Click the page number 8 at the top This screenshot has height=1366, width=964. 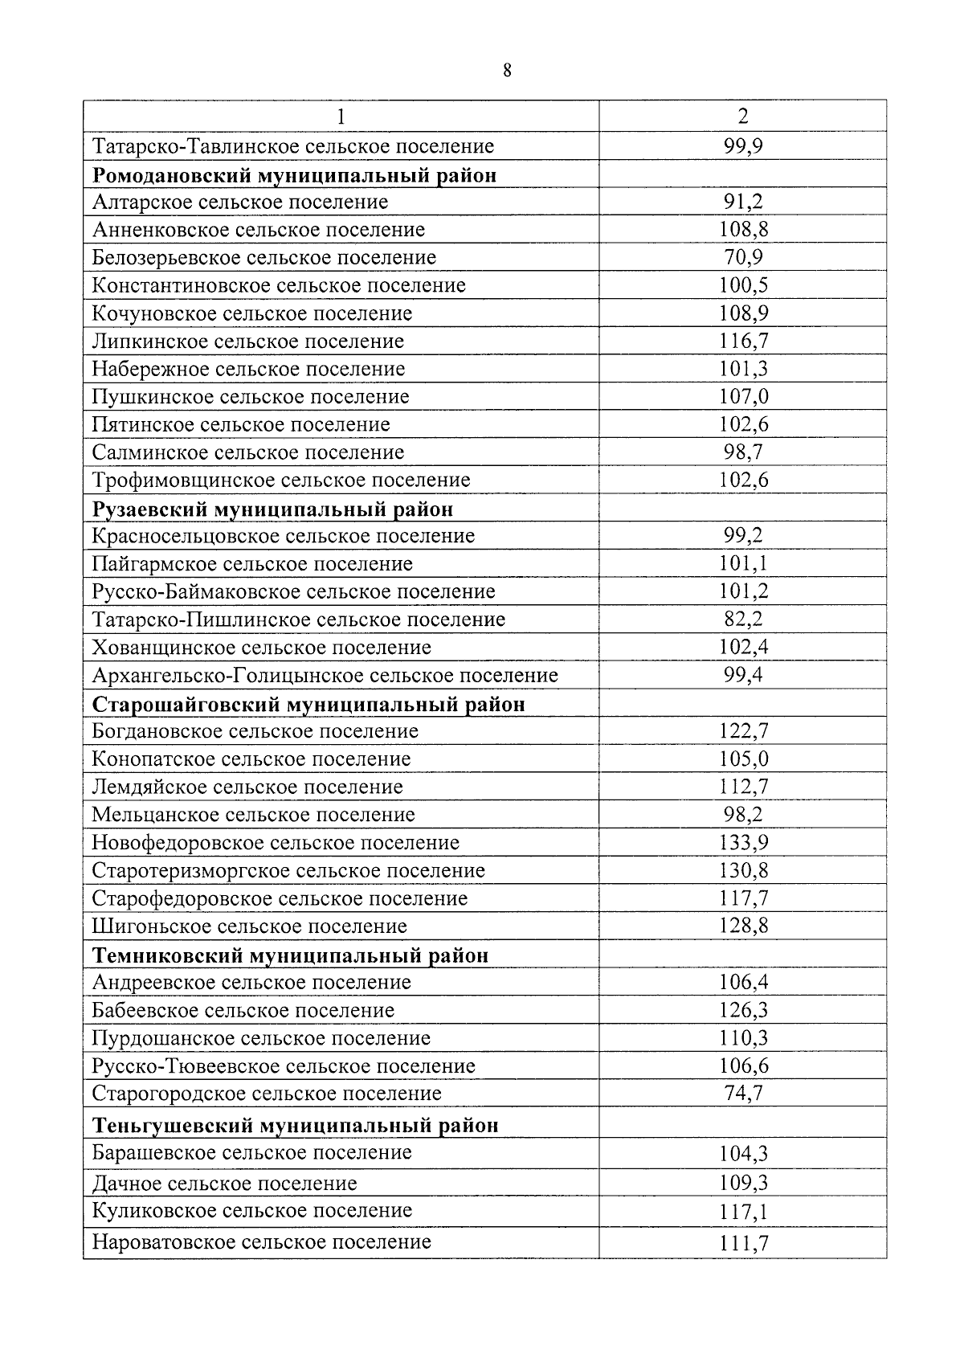tap(507, 71)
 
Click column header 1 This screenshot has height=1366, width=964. tap(341, 117)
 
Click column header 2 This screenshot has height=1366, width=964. tap(743, 117)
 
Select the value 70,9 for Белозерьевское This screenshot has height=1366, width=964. tap(743, 258)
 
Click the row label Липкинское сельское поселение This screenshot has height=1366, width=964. tap(248, 341)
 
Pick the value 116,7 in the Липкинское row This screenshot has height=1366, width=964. tap(743, 341)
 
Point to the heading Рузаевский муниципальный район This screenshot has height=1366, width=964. tap(273, 509)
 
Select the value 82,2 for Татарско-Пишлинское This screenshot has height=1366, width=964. tap(743, 620)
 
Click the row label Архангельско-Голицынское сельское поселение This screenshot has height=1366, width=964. tap(325, 676)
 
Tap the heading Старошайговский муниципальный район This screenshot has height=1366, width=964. tap(309, 705)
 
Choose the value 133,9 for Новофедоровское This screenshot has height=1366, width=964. tap(743, 843)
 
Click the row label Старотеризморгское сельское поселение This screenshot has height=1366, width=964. tap(289, 871)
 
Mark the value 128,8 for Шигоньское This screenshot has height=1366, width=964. tap(743, 926)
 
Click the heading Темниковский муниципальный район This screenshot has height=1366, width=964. tap(291, 955)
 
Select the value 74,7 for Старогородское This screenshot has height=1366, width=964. tap(743, 1094)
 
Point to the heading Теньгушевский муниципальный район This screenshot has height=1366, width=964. tap(296, 1125)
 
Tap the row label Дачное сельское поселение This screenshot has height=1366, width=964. tap(225, 1184)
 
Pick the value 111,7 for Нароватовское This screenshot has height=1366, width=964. tap(743, 1244)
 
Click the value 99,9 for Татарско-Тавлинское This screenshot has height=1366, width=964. tap(743, 146)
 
